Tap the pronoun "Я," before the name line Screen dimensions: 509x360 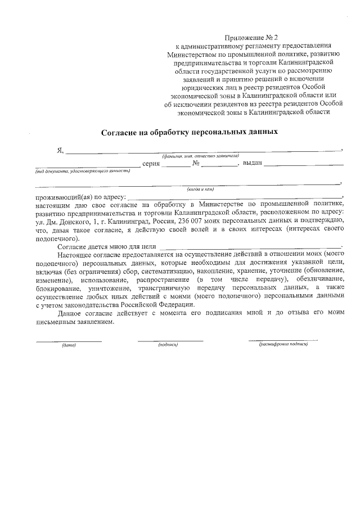click(x=60, y=150)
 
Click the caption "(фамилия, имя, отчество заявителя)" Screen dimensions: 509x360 click(x=200, y=156)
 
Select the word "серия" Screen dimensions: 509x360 click(x=152, y=164)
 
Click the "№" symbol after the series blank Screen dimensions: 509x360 click(x=196, y=164)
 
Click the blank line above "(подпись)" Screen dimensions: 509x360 click(x=170, y=340)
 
